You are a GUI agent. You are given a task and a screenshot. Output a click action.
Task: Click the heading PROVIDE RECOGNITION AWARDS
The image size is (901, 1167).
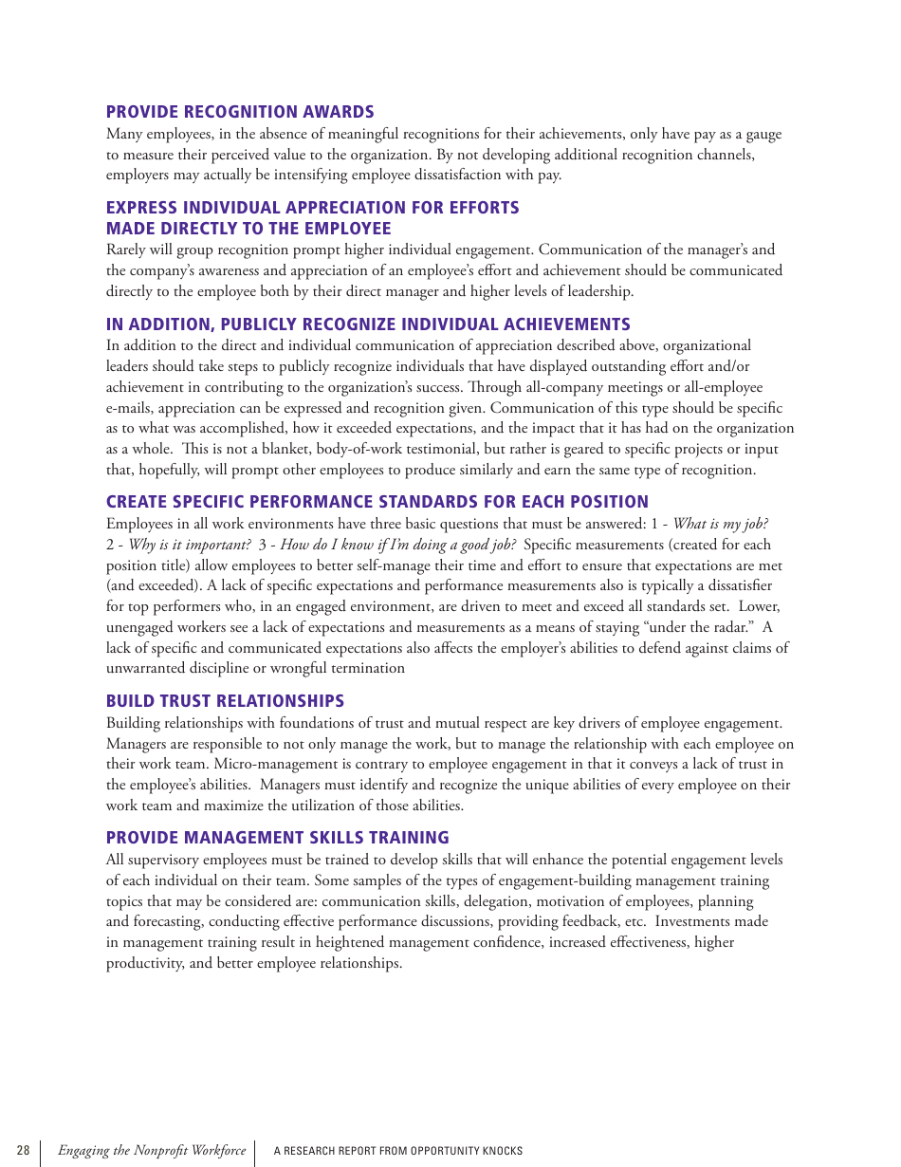pos(240,112)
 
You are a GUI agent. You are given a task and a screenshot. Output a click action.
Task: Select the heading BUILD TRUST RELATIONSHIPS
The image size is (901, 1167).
pos(225,701)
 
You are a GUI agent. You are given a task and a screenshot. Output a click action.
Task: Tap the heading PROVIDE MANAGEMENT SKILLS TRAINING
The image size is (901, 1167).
pos(277,838)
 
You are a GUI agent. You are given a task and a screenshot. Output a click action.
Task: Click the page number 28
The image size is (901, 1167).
pos(23,1151)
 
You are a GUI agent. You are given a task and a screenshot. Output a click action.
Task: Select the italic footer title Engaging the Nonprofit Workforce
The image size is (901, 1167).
pos(152,1151)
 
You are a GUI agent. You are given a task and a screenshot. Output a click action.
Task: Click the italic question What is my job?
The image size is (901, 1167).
pos(721,524)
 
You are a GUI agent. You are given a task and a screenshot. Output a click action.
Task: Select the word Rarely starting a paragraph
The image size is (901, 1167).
pos(127,250)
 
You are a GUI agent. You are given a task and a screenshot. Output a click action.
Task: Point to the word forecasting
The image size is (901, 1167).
pos(168,921)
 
